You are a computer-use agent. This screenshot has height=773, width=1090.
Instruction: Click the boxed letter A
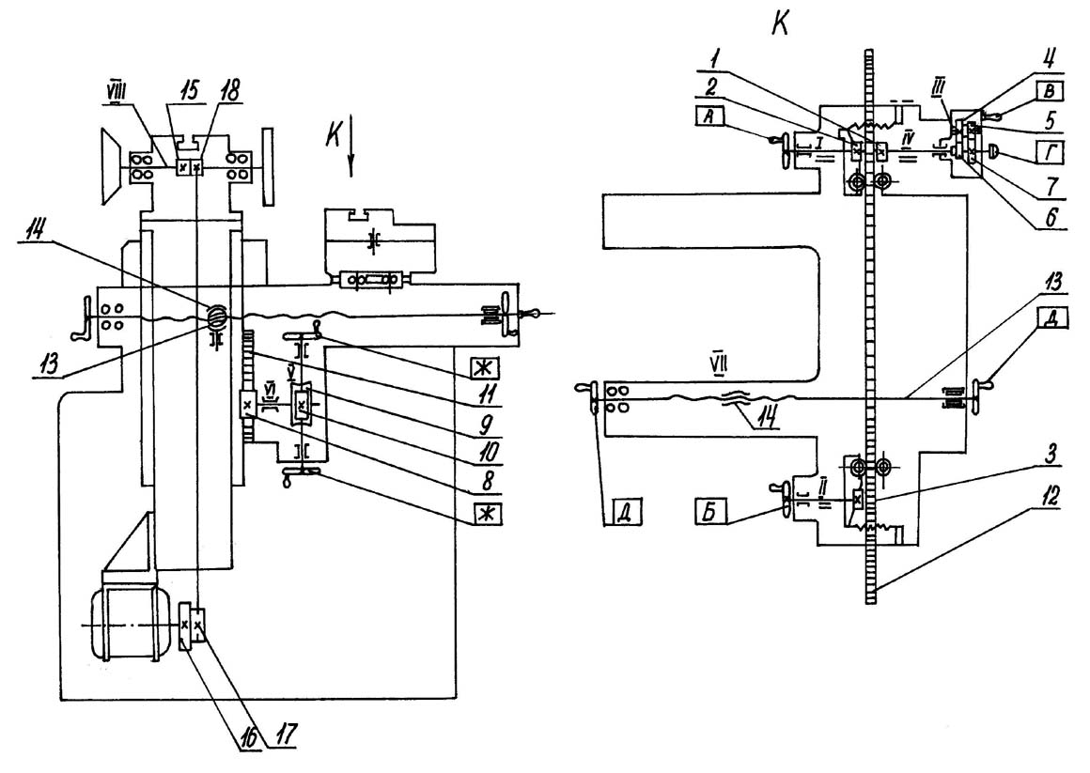(708, 116)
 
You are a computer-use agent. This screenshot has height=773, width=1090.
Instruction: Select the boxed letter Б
(709, 512)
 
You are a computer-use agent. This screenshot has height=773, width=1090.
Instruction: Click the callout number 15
(189, 89)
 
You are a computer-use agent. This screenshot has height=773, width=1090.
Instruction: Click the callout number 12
(1051, 497)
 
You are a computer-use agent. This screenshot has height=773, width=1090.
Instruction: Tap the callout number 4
(1051, 58)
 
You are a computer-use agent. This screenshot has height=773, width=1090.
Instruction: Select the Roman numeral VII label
(719, 363)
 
